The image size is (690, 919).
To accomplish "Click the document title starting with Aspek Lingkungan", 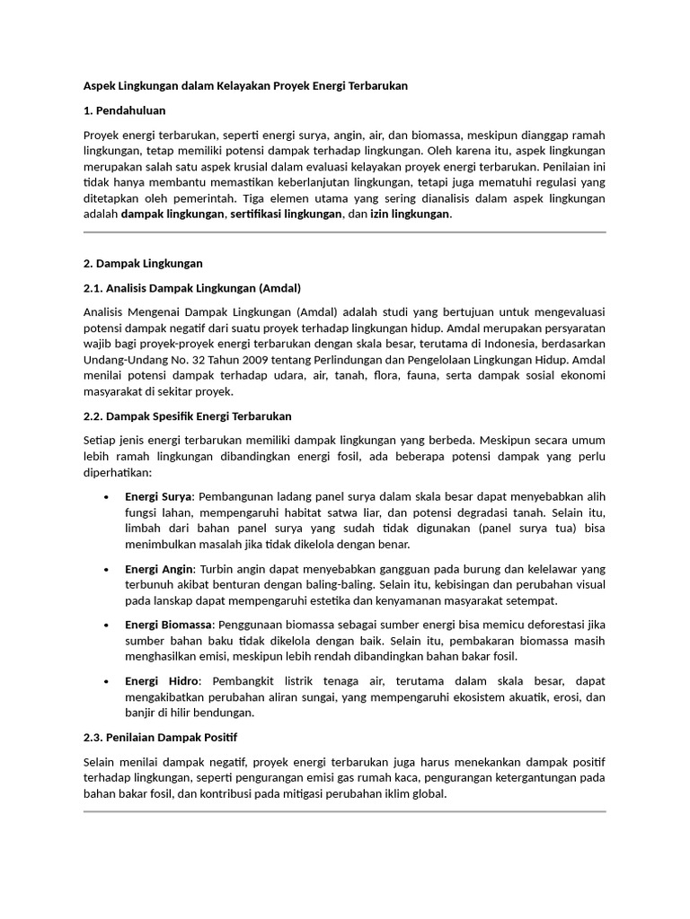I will coord(245,86).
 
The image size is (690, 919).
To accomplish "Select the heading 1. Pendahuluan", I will coord(125,111).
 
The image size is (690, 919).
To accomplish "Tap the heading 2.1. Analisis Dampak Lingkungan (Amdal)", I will coord(191,288).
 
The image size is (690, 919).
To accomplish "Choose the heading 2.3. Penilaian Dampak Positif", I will coord(160,738).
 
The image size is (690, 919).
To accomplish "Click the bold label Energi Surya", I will coord(158,496).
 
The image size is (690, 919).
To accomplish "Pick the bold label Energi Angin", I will coord(159,569).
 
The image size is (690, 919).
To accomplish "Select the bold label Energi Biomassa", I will coord(169,624).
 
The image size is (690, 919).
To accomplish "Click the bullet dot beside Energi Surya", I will coord(108,497).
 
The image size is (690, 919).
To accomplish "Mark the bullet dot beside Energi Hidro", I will coord(108,682).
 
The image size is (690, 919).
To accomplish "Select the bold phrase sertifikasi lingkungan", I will coord(285,214).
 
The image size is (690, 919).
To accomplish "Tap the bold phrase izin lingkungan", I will coord(411,214).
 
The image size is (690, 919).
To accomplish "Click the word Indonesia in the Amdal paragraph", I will coord(487,344).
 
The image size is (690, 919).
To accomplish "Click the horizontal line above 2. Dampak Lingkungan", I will coord(344,232).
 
